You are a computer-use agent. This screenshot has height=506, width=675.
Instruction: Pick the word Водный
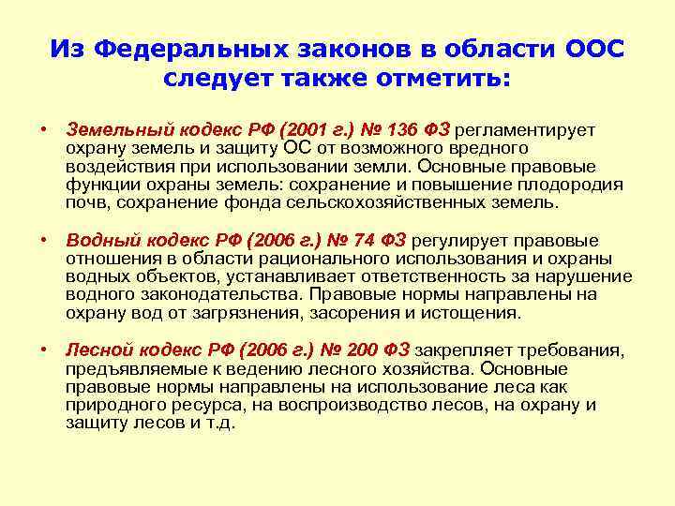(97, 241)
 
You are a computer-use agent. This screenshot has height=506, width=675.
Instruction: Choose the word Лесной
(97, 350)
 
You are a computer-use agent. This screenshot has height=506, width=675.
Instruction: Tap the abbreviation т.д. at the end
(219, 423)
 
